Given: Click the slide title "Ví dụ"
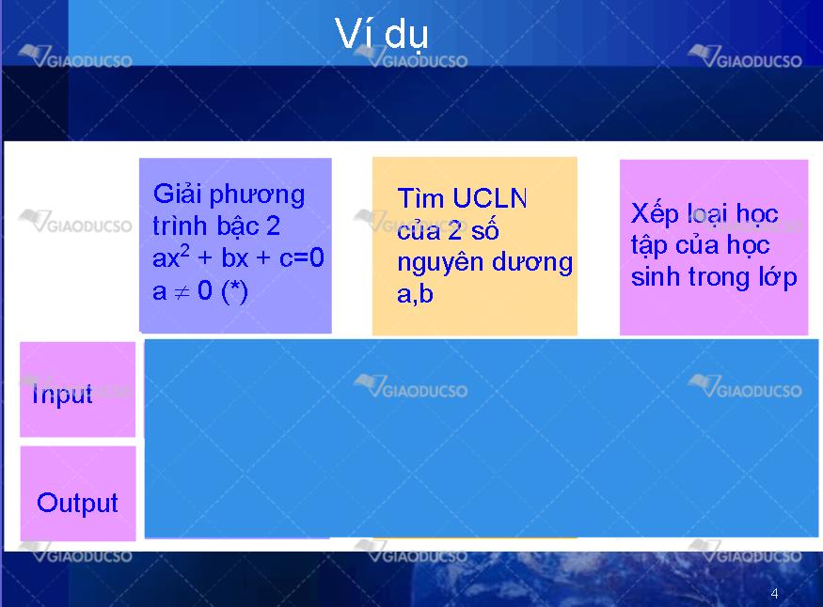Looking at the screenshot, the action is [382, 34].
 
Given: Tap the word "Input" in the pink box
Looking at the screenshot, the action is [62, 395].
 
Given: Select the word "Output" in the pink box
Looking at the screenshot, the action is [78, 503].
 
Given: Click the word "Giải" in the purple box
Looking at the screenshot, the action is [178, 194].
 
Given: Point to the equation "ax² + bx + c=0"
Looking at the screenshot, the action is [238, 257].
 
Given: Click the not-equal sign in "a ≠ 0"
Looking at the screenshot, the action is [182, 292].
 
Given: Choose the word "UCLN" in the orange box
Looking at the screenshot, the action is [489, 198].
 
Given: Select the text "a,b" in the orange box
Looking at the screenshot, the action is [415, 293].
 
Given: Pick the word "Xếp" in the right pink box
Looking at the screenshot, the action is [655, 214].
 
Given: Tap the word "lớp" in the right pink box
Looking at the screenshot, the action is [778, 277].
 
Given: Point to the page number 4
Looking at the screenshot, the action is [774, 593].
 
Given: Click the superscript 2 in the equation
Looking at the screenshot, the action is [184, 251].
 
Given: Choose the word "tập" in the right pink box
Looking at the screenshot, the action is [649, 245].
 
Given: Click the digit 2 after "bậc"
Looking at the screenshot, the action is [273, 226].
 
